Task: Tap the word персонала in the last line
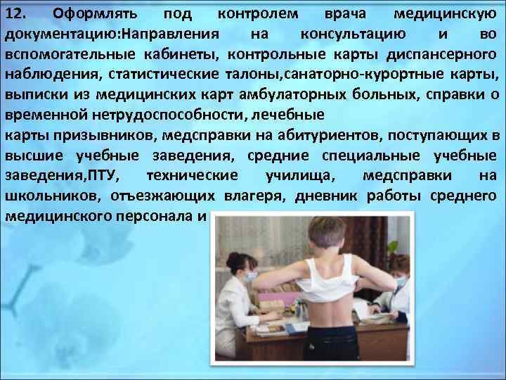(155, 216)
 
